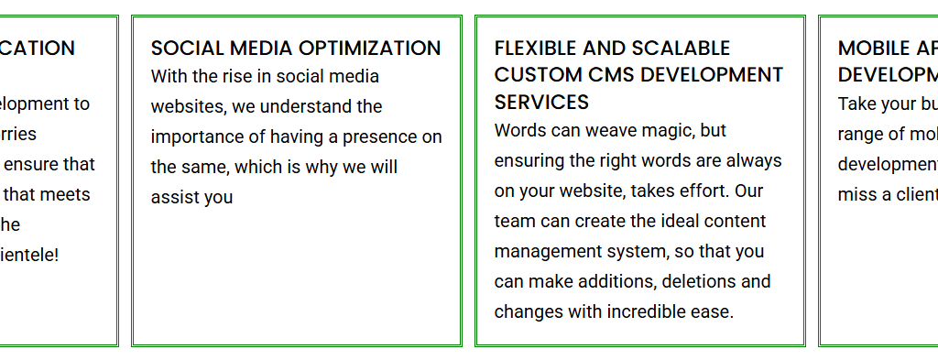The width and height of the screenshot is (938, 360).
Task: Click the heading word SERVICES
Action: click(541, 101)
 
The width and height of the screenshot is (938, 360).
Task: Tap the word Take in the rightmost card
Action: click(857, 104)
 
